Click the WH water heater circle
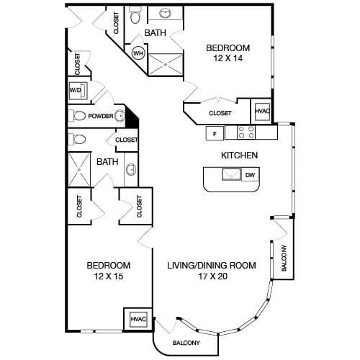[x=138, y=53]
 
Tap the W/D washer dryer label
[x=75, y=90]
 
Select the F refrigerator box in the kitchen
[x=215, y=133]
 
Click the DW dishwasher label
[x=250, y=175]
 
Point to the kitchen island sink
[x=231, y=174]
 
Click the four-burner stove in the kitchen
[x=246, y=132]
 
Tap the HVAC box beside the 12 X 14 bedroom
[x=262, y=111]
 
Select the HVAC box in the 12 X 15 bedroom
[x=138, y=319]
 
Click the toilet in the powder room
[x=76, y=116]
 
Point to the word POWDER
[x=101, y=116]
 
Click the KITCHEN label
[x=239, y=156]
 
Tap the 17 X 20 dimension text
[x=212, y=276]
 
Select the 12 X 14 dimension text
[x=228, y=58]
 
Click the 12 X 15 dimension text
[x=109, y=276]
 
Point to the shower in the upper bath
[x=166, y=64]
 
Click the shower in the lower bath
[x=79, y=169]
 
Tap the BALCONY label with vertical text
[x=284, y=258]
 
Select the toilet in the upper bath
[x=135, y=15]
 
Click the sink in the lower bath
[x=131, y=169]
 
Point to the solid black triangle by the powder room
[x=132, y=117]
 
